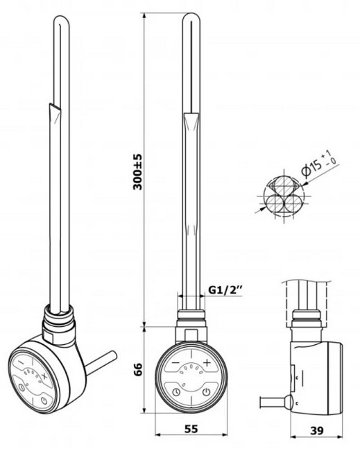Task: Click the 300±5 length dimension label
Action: click(x=138, y=171)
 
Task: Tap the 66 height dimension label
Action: click(x=138, y=369)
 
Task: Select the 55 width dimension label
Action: click(x=191, y=428)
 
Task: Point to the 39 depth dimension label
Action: click(x=317, y=430)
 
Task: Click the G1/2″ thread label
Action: click(x=225, y=289)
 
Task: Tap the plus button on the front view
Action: click(x=207, y=362)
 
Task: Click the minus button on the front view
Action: click(x=175, y=363)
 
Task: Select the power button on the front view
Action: click(x=206, y=392)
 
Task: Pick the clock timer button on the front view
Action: click(x=176, y=392)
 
